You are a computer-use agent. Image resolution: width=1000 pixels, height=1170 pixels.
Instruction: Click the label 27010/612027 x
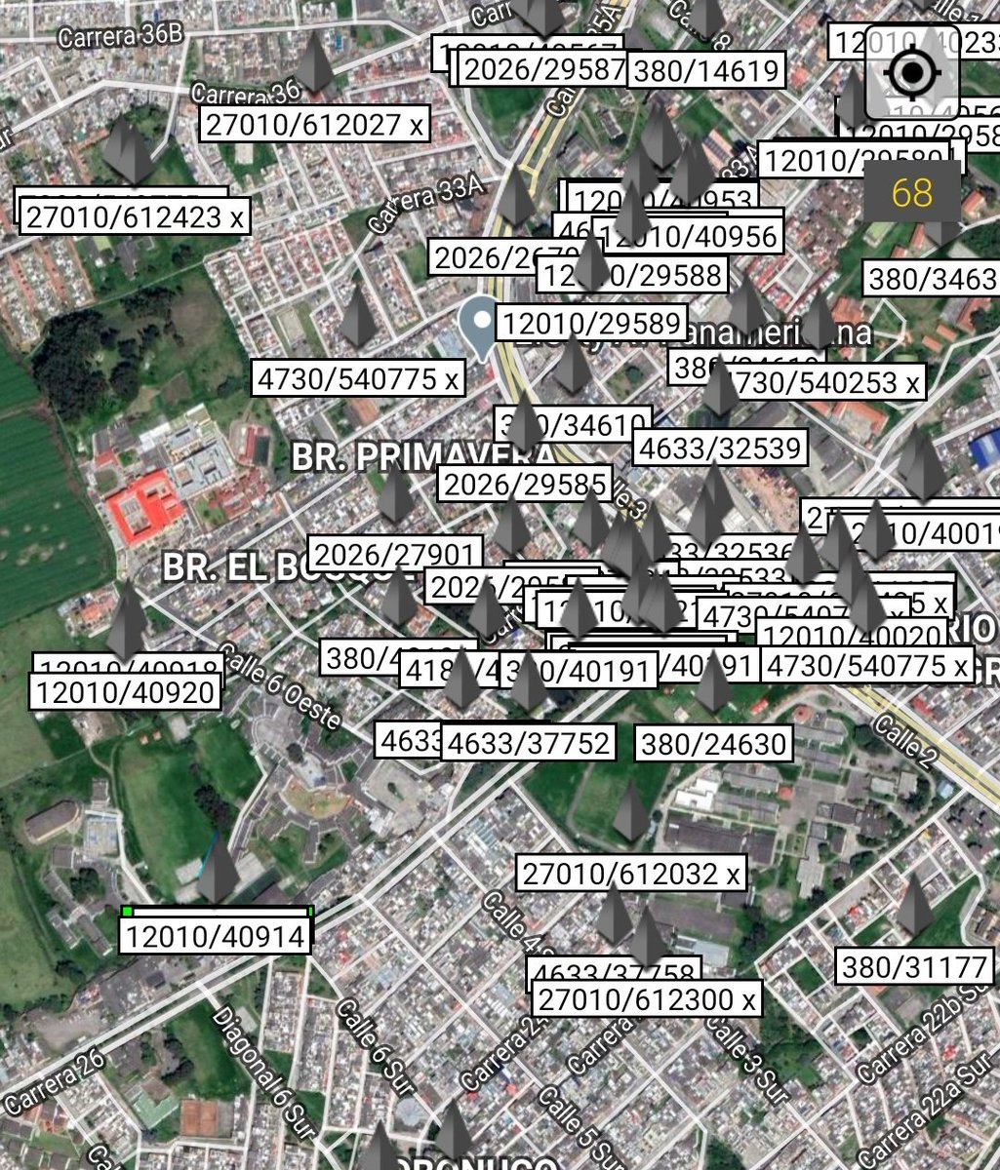(x=315, y=125)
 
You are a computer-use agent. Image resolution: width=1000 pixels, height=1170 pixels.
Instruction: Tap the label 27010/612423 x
(x=135, y=217)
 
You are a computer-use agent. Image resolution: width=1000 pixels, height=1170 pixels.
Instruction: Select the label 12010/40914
(x=216, y=937)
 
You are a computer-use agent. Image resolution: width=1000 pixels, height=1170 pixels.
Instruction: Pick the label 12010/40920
(x=125, y=693)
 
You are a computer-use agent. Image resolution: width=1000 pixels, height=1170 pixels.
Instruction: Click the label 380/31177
(x=914, y=967)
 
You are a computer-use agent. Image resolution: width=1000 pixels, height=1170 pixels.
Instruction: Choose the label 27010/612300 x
(x=646, y=999)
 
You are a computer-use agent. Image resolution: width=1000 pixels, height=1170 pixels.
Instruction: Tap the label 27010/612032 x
(x=631, y=874)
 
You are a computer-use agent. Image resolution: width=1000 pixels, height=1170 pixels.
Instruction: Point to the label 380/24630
(x=713, y=745)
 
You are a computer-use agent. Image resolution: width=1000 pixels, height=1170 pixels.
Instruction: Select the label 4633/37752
(x=529, y=744)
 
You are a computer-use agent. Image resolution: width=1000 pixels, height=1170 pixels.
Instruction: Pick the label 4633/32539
(x=720, y=448)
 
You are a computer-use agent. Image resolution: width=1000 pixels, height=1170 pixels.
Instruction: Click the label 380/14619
(x=706, y=71)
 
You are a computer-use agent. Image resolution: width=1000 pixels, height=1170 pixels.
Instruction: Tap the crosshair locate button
(x=913, y=72)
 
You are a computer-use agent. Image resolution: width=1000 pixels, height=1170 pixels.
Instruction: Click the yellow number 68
(x=912, y=192)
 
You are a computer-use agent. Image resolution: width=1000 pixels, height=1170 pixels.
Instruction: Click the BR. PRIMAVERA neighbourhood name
(x=423, y=457)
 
